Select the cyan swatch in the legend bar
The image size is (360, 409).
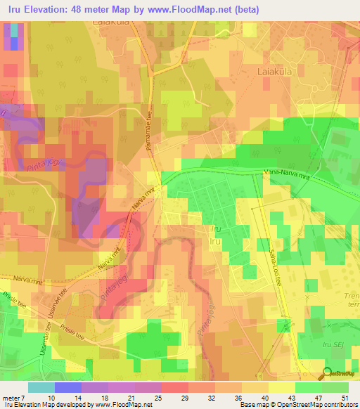(41, 387)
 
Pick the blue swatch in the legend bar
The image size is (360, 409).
(67, 387)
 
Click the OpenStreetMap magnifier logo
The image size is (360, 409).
(327, 373)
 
